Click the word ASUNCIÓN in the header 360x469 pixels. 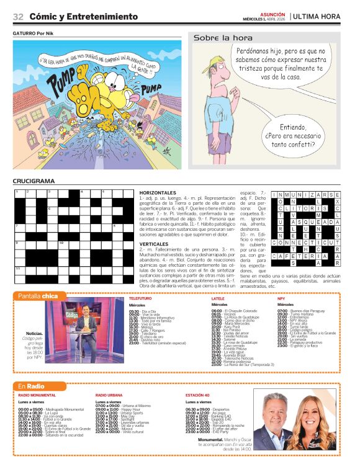[272, 13]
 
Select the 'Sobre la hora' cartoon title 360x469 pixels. [214, 38]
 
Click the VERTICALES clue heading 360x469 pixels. [154, 244]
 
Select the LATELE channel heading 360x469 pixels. [218, 299]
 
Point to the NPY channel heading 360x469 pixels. [281, 299]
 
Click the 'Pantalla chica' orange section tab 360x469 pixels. [37, 296]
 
